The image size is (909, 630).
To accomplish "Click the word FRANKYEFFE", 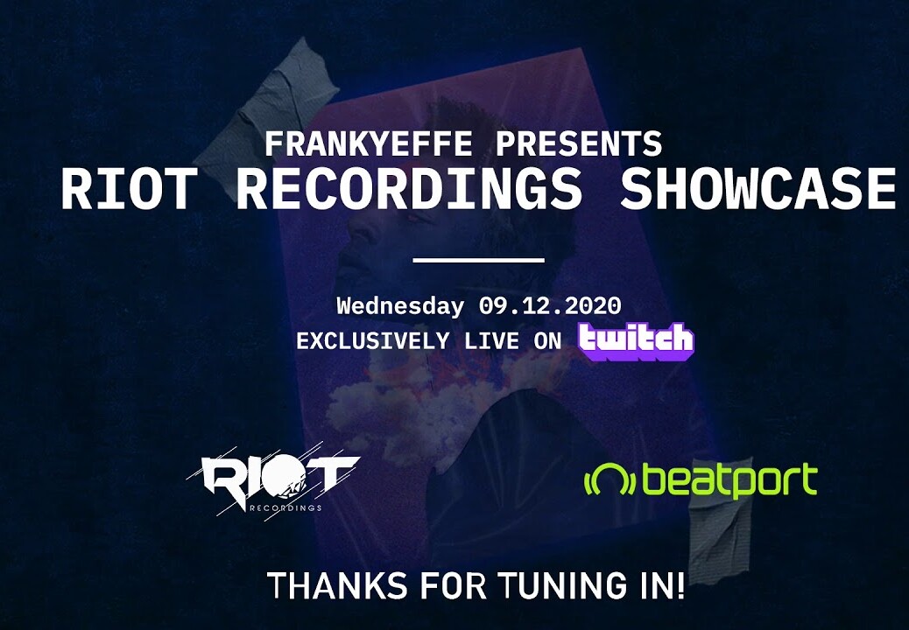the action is point(369,143).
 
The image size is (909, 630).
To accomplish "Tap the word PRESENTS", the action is point(579,143).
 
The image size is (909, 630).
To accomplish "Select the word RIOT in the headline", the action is point(130,189).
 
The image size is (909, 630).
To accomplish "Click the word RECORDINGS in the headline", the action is point(409,189).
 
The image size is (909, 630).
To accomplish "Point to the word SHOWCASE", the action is point(759,189).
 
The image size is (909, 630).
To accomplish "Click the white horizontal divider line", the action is point(478,260).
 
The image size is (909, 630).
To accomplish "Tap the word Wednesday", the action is point(400,305).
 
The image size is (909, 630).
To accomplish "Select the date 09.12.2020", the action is point(550,305).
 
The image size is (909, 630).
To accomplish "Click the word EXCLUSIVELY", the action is point(372,341).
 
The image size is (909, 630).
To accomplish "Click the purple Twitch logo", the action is point(636,341).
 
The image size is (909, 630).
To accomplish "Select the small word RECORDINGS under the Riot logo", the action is point(285,508).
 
